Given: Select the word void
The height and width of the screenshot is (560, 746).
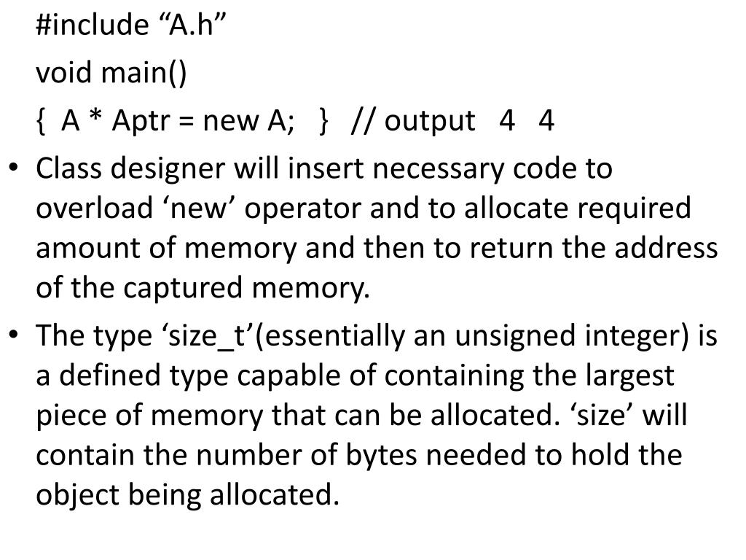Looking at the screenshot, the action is (x=65, y=73).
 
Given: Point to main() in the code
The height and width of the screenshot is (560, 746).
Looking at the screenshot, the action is (x=144, y=73).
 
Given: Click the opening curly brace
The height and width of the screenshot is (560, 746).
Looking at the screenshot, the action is (x=40, y=120).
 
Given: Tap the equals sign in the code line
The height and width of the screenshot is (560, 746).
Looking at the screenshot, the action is (x=186, y=122).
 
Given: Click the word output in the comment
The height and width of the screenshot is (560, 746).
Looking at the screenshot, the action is (x=429, y=121).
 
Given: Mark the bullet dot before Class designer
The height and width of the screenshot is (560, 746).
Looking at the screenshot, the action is (x=15, y=169).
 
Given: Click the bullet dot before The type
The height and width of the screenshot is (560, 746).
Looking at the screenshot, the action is (x=15, y=336).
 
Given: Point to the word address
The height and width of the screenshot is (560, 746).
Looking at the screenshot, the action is (x=666, y=249).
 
